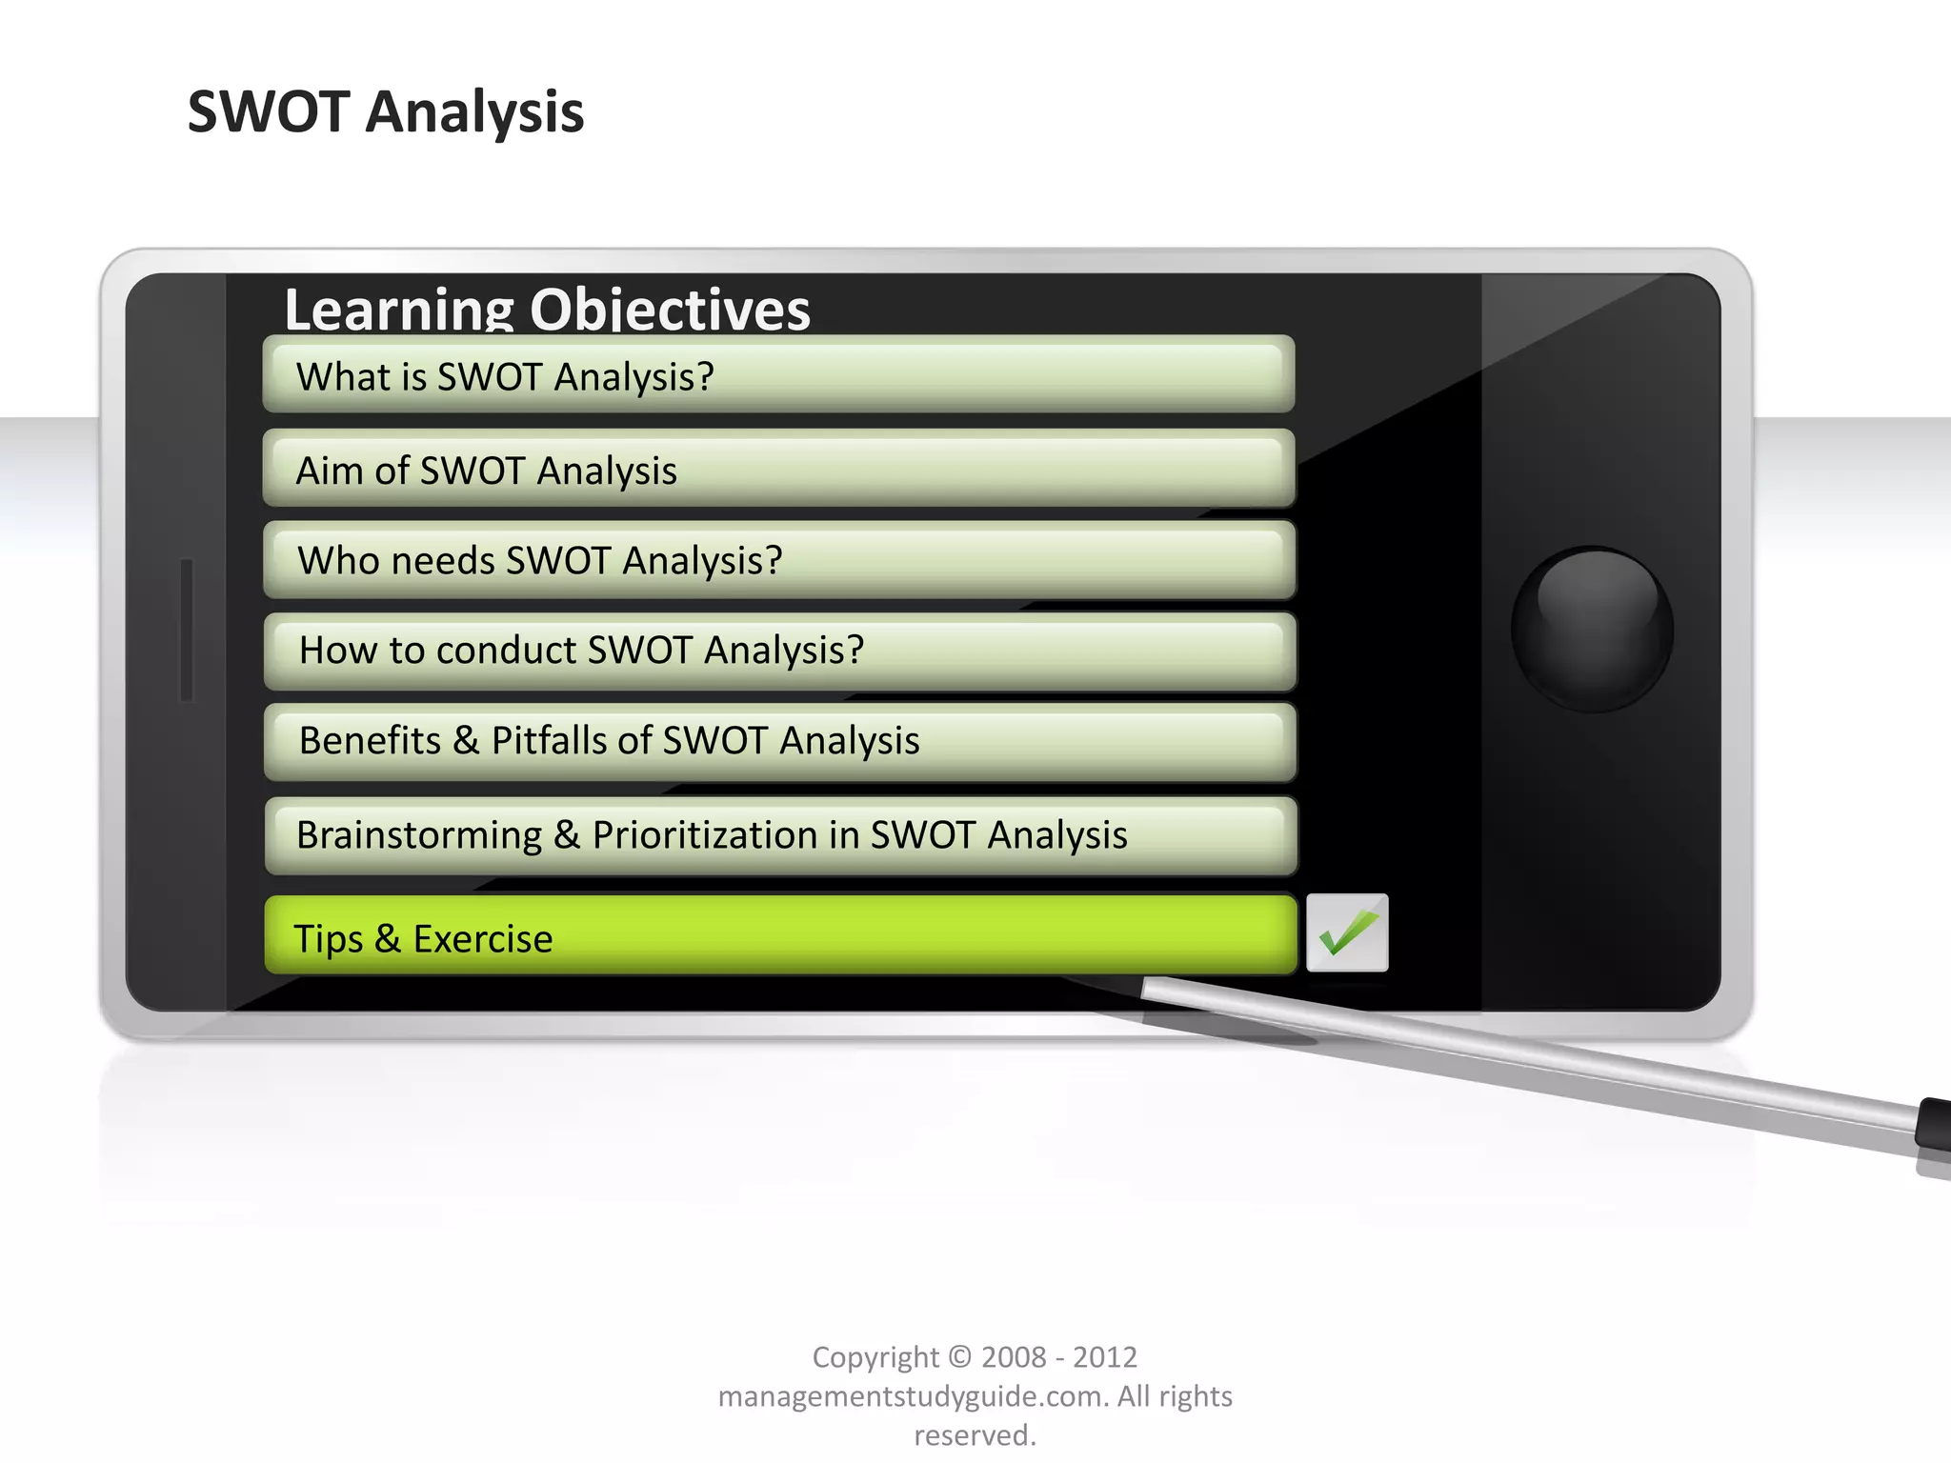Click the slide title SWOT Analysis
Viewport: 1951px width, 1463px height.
tap(386, 111)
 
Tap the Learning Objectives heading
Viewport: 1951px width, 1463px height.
tap(547, 310)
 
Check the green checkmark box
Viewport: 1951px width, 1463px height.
tap(1347, 933)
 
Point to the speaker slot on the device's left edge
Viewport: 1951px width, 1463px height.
tap(187, 630)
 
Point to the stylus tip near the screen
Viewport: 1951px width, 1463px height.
tap(1153, 988)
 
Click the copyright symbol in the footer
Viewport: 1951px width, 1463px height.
tap(960, 1356)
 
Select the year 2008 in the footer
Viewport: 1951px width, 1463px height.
tap(1014, 1356)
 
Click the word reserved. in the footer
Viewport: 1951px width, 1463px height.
tap(975, 1435)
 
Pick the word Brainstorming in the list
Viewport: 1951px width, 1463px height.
tap(419, 835)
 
